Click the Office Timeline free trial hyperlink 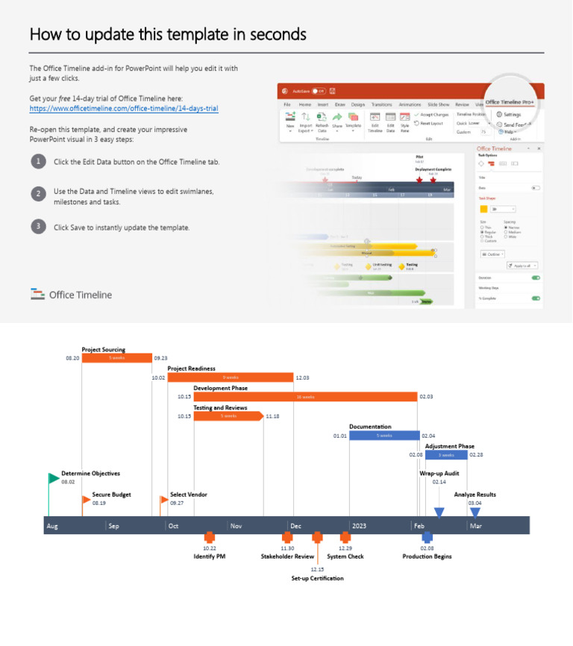point(124,108)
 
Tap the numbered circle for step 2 point(37,193)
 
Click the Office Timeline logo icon point(38,294)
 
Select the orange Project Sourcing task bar point(116,358)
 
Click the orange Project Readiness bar point(230,377)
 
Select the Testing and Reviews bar point(228,416)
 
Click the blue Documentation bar point(383,436)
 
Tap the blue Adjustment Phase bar point(446,455)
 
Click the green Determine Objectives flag point(53,478)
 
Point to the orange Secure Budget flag point(86,500)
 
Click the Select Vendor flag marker point(164,500)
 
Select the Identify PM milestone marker point(210,537)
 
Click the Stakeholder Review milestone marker point(287,537)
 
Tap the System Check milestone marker point(345,537)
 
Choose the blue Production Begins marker point(427,537)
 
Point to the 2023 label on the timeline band point(360,526)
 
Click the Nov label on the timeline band point(236,526)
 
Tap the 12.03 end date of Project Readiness point(302,378)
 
